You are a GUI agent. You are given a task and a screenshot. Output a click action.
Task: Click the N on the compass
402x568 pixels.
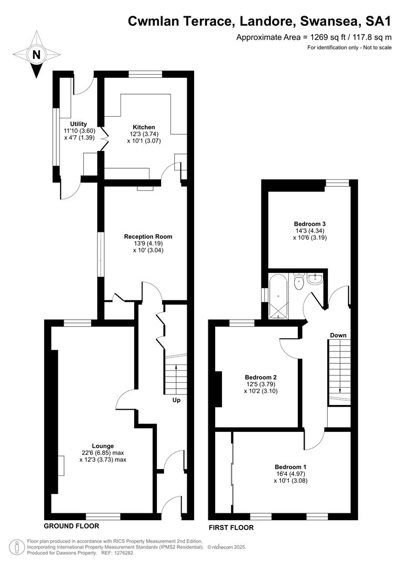pyautogui.click(x=36, y=55)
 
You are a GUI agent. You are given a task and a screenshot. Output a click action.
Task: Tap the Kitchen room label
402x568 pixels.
pyautogui.click(x=144, y=127)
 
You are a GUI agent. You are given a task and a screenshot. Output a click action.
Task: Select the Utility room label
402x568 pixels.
pyautogui.click(x=78, y=124)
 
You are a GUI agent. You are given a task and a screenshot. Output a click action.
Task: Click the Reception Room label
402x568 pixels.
pyautogui.click(x=148, y=237)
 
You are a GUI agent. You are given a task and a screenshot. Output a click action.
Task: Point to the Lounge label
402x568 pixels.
pyautogui.click(x=103, y=446)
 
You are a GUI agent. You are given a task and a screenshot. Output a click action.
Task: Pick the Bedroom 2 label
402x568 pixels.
pyautogui.click(x=261, y=377)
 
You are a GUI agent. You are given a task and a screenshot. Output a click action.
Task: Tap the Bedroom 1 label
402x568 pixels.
pyautogui.click(x=291, y=466)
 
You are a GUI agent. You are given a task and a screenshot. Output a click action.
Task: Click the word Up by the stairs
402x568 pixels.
pyautogui.click(x=176, y=400)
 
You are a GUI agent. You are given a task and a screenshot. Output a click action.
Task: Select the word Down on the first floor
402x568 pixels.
pyautogui.click(x=338, y=336)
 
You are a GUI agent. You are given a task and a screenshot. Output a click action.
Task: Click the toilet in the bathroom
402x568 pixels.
pyautogui.click(x=299, y=282)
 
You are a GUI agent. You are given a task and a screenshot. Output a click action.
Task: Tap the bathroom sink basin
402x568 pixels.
pyautogui.click(x=315, y=280)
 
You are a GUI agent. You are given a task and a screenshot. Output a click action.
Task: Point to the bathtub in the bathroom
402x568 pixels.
pyautogui.click(x=278, y=296)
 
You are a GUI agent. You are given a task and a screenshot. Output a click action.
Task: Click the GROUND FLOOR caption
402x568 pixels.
pyautogui.click(x=72, y=526)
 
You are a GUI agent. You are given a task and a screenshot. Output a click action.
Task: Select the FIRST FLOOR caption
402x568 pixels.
pyautogui.click(x=232, y=528)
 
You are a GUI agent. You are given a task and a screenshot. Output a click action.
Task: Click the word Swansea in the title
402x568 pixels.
pyautogui.click(x=328, y=22)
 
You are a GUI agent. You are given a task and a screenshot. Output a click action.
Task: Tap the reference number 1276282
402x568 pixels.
pyautogui.click(x=124, y=553)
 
